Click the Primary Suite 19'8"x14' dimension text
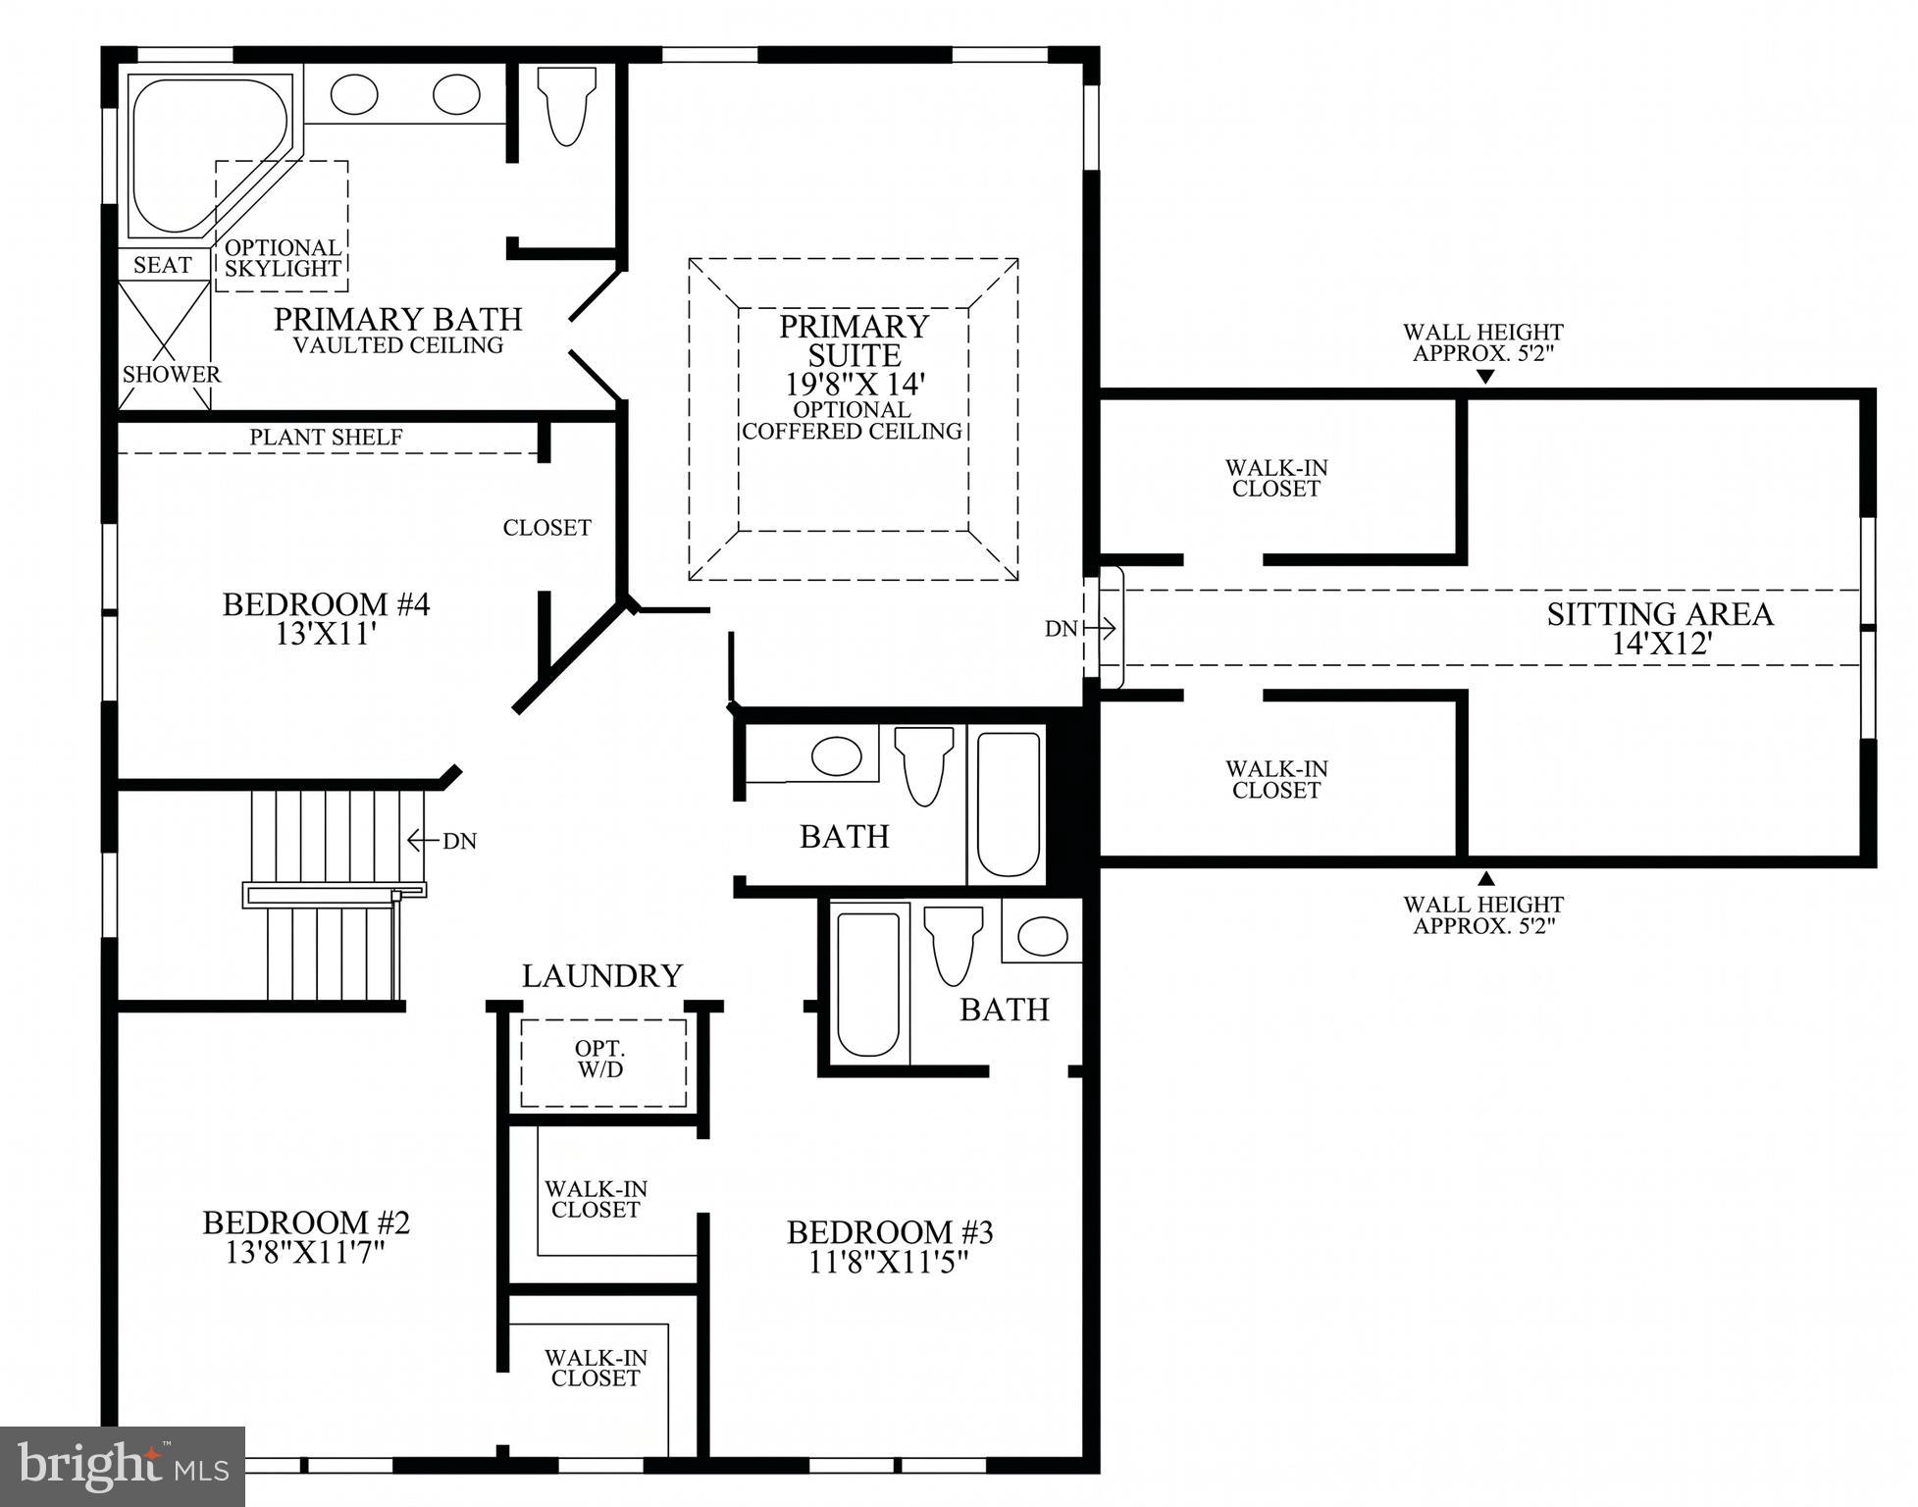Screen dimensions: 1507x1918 point(852,384)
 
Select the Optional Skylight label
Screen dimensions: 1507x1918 point(283,258)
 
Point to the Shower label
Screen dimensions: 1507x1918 point(172,375)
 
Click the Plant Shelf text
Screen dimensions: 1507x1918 point(326,438)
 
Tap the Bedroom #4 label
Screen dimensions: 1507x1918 point(326,604)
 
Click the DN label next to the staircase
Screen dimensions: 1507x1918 point(458,841)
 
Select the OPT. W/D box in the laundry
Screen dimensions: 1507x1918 point(601,1062)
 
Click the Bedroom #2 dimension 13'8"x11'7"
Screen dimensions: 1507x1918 point(305,1253)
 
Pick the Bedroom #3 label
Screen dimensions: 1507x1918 point(890,1232)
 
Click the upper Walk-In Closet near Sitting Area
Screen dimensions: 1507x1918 point(1275,479)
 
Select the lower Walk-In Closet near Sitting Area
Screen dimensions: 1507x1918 point(1275,780)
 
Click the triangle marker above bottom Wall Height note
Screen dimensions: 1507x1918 point(1486,879)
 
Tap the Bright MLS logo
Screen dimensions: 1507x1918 point(123,1467)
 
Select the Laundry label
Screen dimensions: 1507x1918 point(601,976)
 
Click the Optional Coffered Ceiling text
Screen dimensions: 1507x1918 point(852,421)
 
